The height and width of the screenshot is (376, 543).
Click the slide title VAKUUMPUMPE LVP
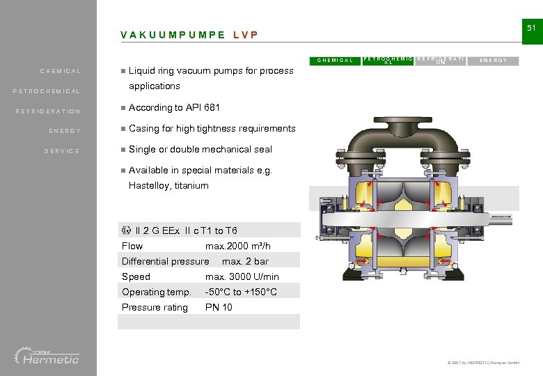pos(189,35)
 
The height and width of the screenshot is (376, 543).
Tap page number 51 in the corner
pos(530,28)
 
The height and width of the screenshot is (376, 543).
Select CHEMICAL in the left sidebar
pos(61,71)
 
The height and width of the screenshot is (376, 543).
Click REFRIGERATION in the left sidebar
pos(48,111)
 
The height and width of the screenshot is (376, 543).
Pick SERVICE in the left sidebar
pos(63,151)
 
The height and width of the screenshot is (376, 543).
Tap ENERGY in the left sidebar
pos(65,131)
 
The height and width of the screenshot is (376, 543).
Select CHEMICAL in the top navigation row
pos(335,61)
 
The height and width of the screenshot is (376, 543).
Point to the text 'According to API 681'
pos(174,107)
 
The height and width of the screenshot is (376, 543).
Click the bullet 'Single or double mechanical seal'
pos(200,149)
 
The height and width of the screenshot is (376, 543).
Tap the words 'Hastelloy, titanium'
pos(168,185)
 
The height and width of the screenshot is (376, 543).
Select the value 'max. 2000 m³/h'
pos(238,246)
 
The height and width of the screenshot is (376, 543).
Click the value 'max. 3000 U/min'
pos(242,276)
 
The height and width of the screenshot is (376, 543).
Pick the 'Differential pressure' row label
pos(165,261)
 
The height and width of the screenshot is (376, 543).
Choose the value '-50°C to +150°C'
pos(241,292)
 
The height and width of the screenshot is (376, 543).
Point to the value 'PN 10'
pos(219,307)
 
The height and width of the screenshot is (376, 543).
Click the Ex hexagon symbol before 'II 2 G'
pos(126,230)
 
